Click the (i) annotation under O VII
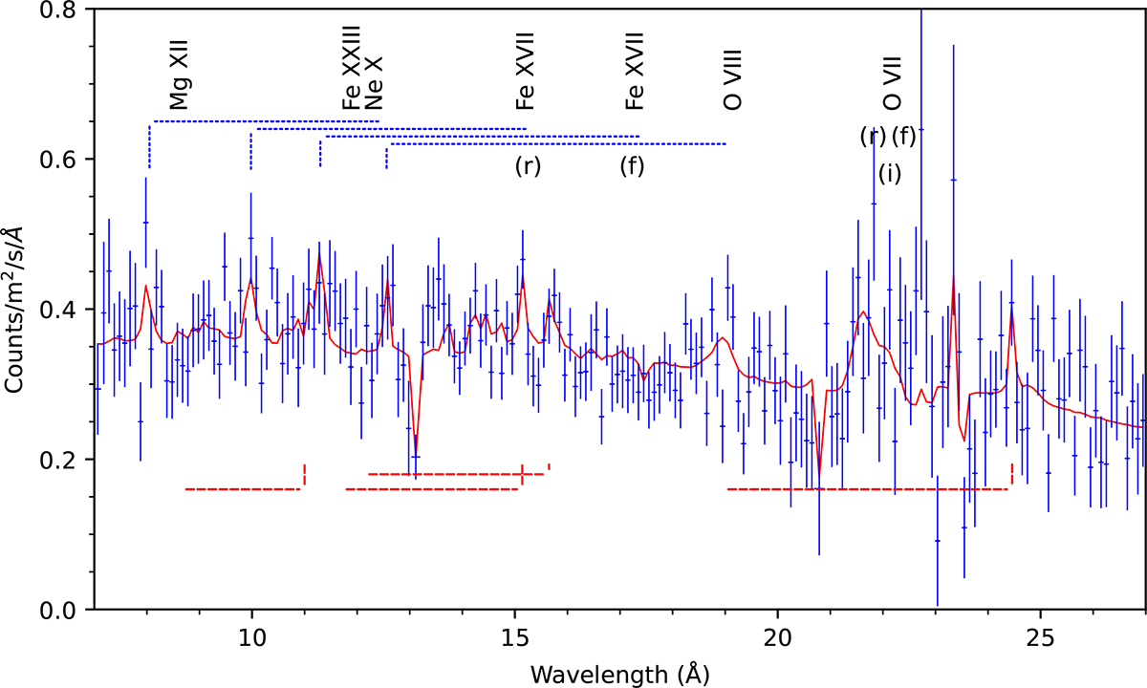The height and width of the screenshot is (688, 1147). coord(889,173)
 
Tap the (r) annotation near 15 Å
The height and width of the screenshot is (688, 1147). coord(528,165)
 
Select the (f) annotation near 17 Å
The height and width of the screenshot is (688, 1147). coord(632,165)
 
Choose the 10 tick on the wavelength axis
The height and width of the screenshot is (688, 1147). coord(251,633)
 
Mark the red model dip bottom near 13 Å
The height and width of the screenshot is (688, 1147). coord(415,455)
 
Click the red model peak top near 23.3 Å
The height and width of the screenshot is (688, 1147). coord(953,277)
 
